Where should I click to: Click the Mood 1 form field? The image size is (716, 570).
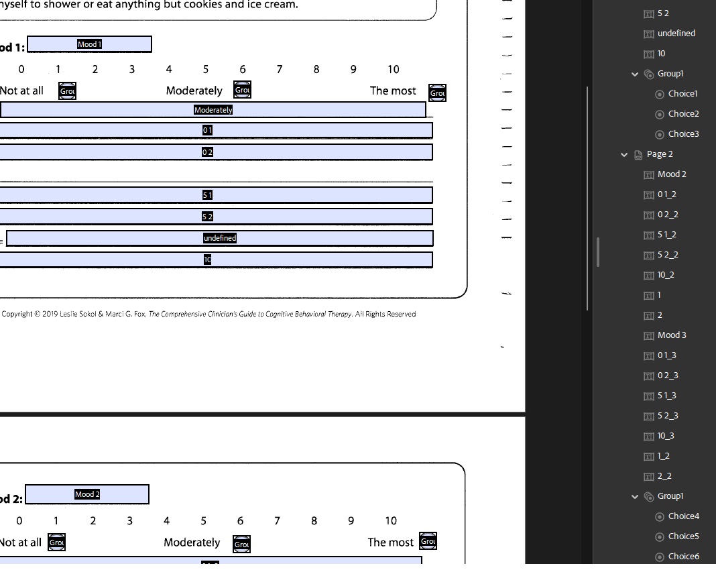(x=89, y=44)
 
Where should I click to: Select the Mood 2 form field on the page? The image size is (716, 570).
(x=87, y=495)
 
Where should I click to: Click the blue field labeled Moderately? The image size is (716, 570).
(x=213, y=110)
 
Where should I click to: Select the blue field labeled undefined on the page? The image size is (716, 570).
(x=219, y=238)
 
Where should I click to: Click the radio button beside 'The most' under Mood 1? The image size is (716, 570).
(x=437, y=93)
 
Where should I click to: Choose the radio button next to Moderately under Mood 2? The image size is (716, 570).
(x=241, y=545)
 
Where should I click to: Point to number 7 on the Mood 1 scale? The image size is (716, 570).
(x=279, y=69)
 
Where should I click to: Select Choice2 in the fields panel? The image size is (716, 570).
(x=683, y=114)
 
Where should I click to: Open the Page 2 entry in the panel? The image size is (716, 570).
(x=660, y=154)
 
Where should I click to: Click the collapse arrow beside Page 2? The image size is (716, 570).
(x=624, y=154)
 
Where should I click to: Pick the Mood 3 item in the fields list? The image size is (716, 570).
(x=672, y=335)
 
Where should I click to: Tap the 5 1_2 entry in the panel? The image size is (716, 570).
(x=666, y=235)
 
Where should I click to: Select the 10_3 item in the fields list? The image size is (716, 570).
(x=666, y=436)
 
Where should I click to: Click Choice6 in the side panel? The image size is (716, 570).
(x=683, y=557)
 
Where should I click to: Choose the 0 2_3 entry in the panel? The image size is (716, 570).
(x=667, y=376)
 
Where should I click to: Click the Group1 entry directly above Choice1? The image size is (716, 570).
(x=670, y=74)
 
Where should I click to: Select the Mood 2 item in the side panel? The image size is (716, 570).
(x=672, y=174)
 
